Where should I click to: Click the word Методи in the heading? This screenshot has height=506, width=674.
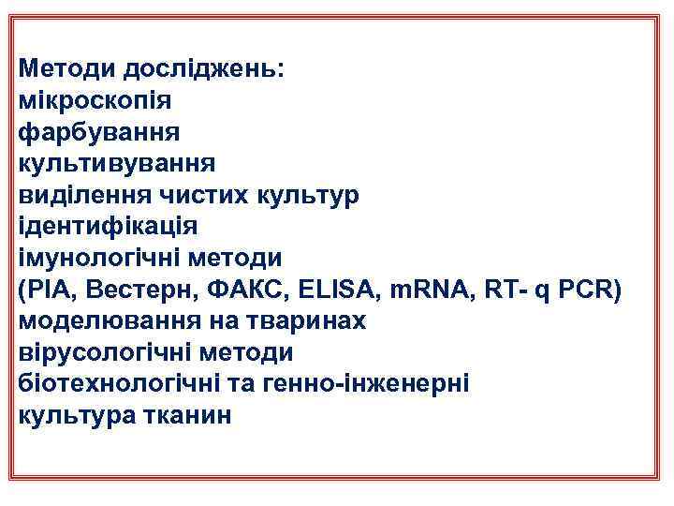click(63, 67)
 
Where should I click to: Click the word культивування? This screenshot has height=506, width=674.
click(117, 164)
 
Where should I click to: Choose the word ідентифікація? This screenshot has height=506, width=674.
click(108, 227)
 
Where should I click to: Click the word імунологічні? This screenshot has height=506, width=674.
click(103, 258)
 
